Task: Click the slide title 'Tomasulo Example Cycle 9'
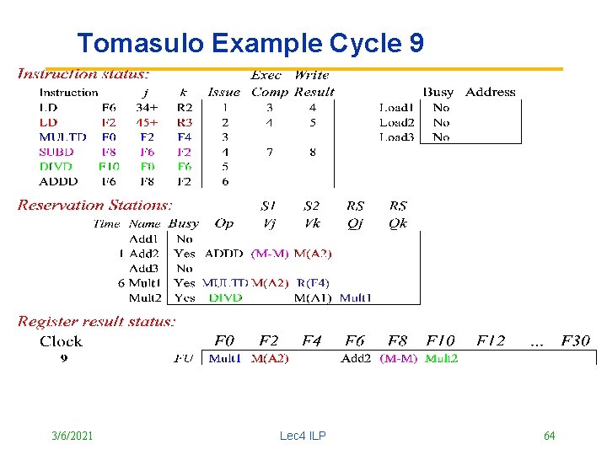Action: (250, 43)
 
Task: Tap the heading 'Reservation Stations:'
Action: (94, 205)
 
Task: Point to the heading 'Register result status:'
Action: (97, 321)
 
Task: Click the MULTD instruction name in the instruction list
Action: (62, 136)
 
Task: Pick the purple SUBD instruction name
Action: (56, 152)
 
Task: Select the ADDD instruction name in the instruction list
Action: (58, 181)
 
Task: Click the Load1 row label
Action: (396, 107)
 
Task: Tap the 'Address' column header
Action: (490, 92)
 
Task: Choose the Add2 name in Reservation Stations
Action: (144, 253)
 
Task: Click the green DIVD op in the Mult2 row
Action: (225, 297)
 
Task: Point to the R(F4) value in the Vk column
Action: (313, 283)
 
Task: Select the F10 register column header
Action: (440, 341)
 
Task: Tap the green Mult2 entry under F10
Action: (442, 358)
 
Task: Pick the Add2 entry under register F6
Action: (357, 358)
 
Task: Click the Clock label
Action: (61, 341)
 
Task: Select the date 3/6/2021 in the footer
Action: (73, 436)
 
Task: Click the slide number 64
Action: (549, 436)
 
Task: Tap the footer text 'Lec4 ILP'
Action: (303, 436)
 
